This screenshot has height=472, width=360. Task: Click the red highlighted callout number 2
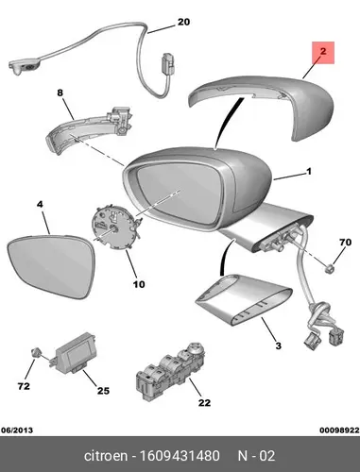323,51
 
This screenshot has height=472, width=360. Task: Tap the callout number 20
183,22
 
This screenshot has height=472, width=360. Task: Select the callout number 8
60,93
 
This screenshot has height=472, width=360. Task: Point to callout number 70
345,243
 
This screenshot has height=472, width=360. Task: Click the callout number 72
24,386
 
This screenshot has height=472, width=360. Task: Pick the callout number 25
103,391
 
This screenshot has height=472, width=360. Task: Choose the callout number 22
204,403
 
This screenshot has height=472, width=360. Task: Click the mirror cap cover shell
262,106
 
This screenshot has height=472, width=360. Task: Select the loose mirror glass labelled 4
51,266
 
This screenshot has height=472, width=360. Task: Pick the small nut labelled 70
330,268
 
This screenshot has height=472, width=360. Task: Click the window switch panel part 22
170,371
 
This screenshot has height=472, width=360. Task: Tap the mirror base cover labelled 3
244,300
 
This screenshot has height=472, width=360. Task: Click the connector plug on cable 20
167,64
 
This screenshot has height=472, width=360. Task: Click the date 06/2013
17,430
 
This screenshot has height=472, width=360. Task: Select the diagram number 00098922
339,430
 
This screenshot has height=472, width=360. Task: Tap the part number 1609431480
180,456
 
